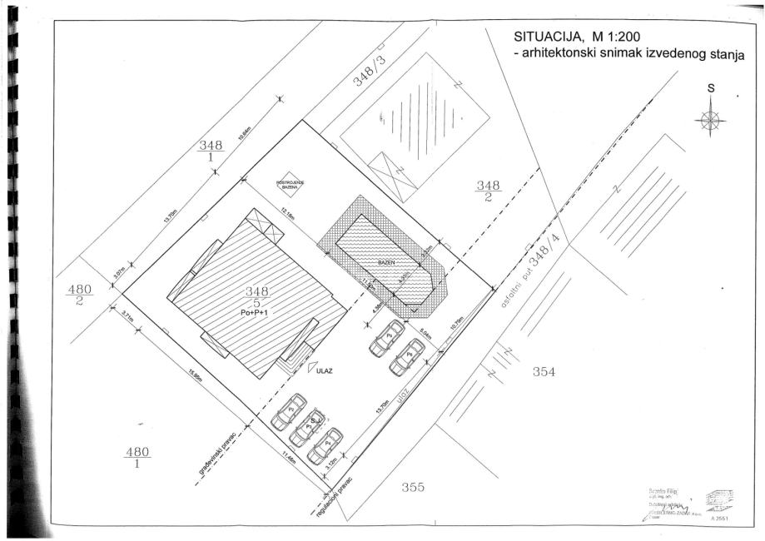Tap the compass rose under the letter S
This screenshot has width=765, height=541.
click(710, 119)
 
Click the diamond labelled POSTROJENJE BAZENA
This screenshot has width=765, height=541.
click(287, 186)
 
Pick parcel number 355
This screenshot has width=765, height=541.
click(413, 488)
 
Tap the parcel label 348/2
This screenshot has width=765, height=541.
click(487, 191)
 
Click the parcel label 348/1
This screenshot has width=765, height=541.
click(208, 151)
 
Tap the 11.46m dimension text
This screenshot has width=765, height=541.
click(290, 456)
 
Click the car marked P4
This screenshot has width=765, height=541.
click(325, 445)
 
